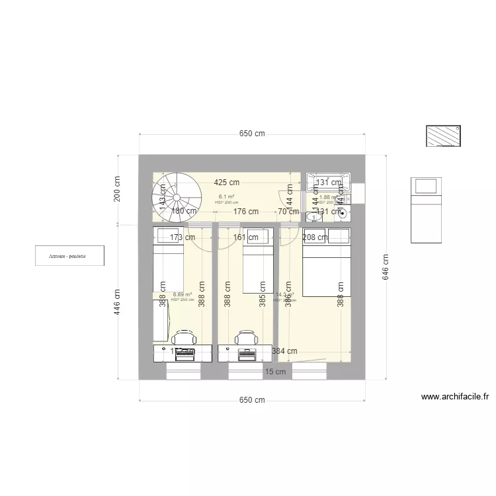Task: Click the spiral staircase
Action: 177,196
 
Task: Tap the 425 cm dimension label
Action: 226,183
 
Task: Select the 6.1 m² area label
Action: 227,196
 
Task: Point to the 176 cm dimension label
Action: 245,212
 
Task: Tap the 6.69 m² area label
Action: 183,295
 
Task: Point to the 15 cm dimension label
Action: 276,372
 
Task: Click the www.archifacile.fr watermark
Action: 455,397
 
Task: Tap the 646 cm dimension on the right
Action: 386,267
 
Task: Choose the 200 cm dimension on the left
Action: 117,188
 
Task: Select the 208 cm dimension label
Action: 315,237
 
